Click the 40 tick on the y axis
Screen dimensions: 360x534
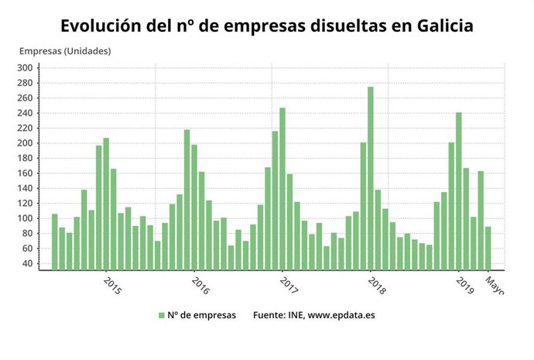pyautogui.click(x=26, y=263)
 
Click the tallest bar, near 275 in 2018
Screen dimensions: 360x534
pyautogui.click(x=371, y=178)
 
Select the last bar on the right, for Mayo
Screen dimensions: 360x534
pyautogui.click(x=488, y=248)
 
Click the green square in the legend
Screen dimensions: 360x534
pyautogui.click(x=162, y=315)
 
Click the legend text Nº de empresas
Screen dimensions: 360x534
pyautogui.click(x=202, y=315)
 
